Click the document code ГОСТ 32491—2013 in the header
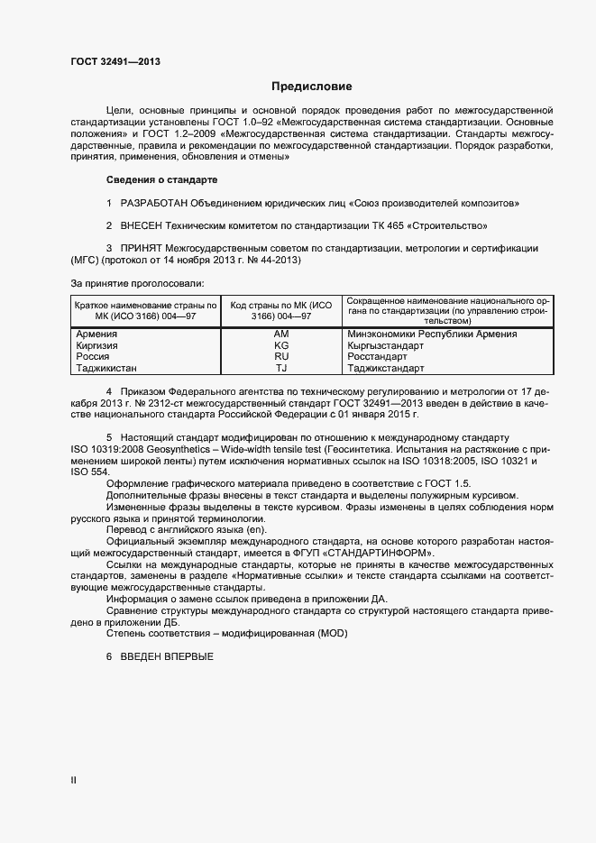(115, 62)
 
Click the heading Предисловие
(312, 87)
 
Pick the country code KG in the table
(280, 345)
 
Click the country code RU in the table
(280, 357)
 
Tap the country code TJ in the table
(280, 368)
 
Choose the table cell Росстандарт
(377, 357)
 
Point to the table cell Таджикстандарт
(385, 368)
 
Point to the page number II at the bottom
(73, 780)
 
